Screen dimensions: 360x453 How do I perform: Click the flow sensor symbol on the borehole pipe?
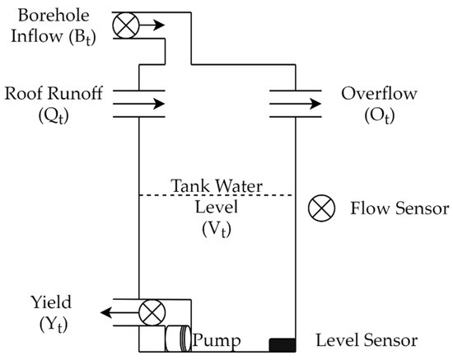click(127, 25)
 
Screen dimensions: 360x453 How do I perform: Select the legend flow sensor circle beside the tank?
click(319, 208)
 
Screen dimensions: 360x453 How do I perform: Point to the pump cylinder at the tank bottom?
click(177, 339)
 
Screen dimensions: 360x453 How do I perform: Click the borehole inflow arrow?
click(150, 25)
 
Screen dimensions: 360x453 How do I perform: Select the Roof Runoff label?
click(63, 94)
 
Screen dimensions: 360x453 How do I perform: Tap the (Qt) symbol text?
click(63, 115)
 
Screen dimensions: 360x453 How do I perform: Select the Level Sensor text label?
click(368, 339)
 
